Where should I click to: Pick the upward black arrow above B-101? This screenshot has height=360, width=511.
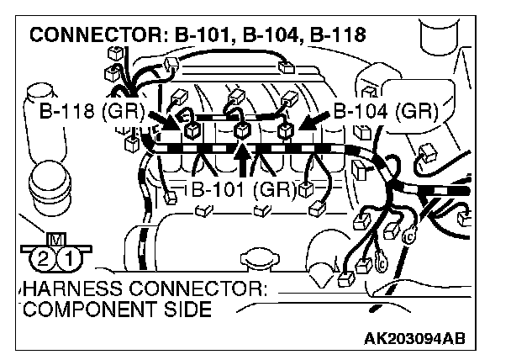click(243, 160)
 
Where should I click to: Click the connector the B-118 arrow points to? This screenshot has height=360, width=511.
click(192, 130)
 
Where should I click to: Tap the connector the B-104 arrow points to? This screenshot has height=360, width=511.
click(285, 130)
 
